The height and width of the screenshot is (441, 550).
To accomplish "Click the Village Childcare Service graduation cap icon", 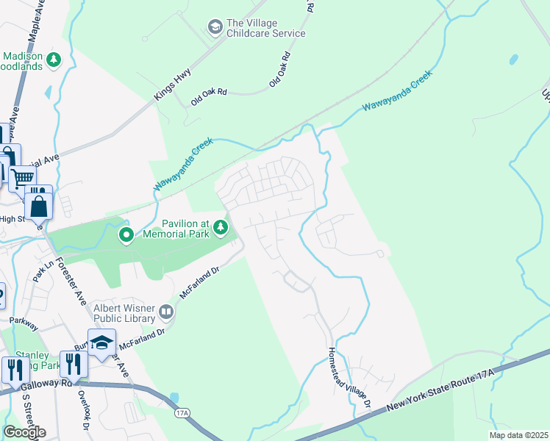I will pyautogui.click(x=215, y=27).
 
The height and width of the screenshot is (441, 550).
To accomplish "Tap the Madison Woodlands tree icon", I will pyautogui.click(x=53, y=58).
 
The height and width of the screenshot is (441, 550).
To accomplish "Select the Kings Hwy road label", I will pyautogui.click(x=173, y=85).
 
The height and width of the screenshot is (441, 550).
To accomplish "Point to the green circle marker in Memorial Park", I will pyautogui.click(x=126, y=235).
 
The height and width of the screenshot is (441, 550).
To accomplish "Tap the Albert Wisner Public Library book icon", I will pyautogui.click(x=166, y=313).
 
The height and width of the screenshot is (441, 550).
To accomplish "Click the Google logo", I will pyautogui.click(x=24, y=432).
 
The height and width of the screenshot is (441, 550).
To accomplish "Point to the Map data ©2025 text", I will pyautogui.click(x=518, y=435).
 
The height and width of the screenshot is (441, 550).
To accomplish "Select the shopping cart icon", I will pyautogui.click(x=23, y=176).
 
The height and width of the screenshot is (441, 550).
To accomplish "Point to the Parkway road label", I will pyautogui.click(x=24, y=320).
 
